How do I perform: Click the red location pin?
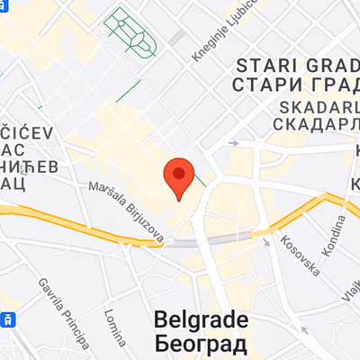[180, 177]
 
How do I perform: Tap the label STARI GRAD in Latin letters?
[293, 65]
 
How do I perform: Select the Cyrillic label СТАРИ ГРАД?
[293, 85]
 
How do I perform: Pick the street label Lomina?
[113, 328]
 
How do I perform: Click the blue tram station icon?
[7, 319]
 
